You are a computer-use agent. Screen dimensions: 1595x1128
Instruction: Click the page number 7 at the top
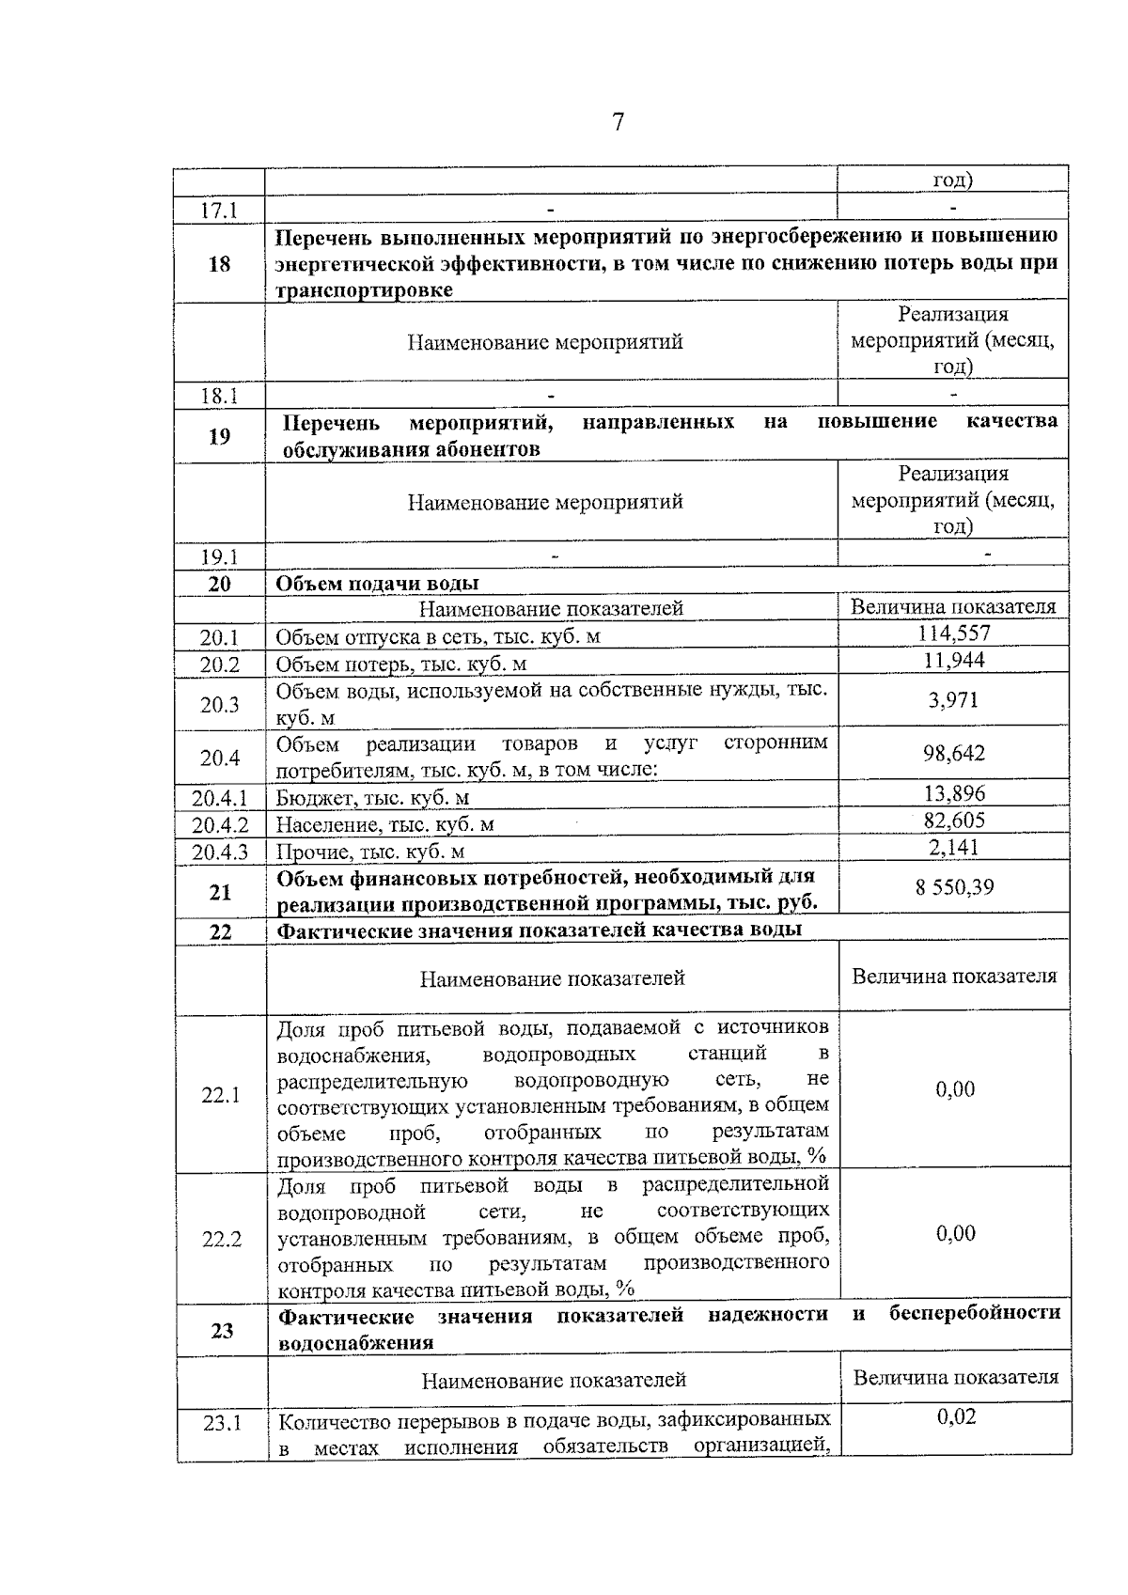618,122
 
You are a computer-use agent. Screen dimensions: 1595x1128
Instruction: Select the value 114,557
953,633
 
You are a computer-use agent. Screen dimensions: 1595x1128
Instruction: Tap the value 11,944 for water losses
953,661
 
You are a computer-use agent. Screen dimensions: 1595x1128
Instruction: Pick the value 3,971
953,700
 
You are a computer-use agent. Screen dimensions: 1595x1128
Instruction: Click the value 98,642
953,754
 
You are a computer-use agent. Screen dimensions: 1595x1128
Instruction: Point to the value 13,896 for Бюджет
953,794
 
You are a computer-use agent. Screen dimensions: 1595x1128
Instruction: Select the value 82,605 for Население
953,821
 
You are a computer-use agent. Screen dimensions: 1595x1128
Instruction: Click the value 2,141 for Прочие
953,848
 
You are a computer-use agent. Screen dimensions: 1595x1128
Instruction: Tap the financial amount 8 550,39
954,887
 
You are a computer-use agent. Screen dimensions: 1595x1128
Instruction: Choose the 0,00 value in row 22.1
955,1089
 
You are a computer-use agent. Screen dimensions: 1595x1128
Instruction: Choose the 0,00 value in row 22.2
955,1234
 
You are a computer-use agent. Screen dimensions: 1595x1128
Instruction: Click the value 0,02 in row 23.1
956,1416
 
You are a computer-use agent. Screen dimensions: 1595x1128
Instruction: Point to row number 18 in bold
219,264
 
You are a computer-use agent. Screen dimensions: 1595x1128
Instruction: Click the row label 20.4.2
220,825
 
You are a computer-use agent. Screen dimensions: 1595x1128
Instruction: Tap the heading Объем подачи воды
377,584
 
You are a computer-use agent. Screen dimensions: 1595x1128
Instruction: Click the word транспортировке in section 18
364,290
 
